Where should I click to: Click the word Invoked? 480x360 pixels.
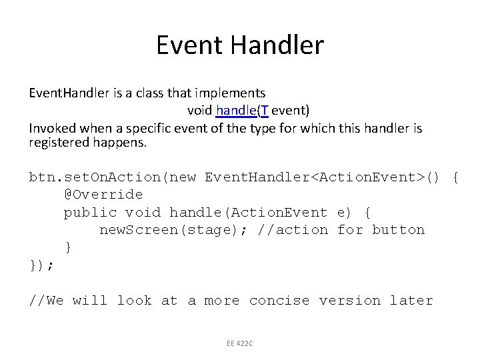[x=50, y=127]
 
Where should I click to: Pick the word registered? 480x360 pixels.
[x=56, y=143]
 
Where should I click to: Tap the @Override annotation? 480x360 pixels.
[x=103, y=195]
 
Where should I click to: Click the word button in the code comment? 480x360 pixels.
[x=398, y=230]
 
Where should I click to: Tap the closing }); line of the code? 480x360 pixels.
[x=42, y=265]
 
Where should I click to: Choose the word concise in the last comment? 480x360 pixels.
[x=279, y=301]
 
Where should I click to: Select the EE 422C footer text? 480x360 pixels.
[x=239, y=343]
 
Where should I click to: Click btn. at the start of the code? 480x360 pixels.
[x=45, y=177]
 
